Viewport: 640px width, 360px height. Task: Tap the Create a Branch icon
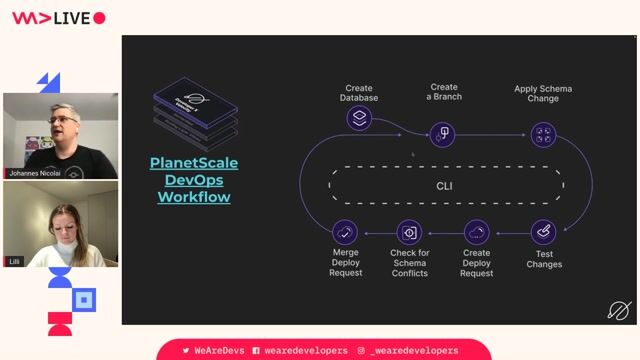pyautogui.click(x=443, y=133)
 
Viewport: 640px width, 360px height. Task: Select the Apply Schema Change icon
pyautogui.click(x=543, y=133)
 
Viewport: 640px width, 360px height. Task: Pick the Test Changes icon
pyautogui.click(x=543, y=233)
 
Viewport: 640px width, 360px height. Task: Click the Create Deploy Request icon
pyautogui.click(x=477, y=233)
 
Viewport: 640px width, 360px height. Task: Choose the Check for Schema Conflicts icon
pyautogui.click(x=409, y=233)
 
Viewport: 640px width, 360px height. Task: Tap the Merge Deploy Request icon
pyautogui.click(x=345, y=233)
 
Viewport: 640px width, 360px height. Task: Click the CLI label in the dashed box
pyautogui.click(x=445, y=186)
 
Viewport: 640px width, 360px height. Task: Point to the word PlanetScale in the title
pyautogui.click(x=194, y=163)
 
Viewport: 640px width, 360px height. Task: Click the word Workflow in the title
pyautogui.click(x=194, y=197)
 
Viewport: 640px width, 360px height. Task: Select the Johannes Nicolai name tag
pyautogui.click(x=37, y=173)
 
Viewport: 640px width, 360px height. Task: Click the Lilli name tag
pyautogui.click(x=15, y=261)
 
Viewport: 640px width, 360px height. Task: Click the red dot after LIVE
pyautogui.click(x=99, y=18)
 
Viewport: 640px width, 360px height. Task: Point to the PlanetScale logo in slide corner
pyautogui.click(x=619, y=311)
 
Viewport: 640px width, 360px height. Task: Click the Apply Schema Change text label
pyautogui.click(x=543, y=94)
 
